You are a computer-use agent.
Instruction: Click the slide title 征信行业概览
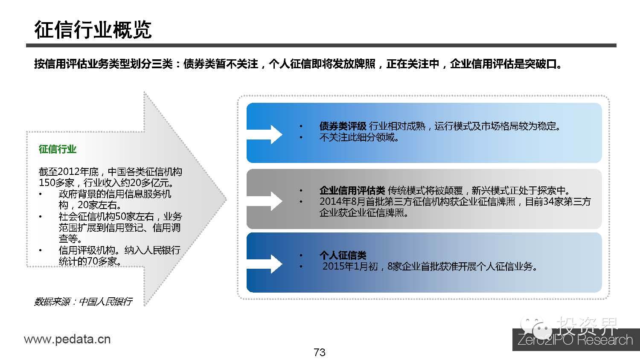click(x=93, y=29)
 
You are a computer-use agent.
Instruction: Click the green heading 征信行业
click(x=57, y=149)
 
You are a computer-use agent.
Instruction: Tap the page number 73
click(x=320, y=352)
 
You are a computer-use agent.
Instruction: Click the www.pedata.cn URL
click(x=67, y=340)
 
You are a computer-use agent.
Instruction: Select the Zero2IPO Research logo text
click(x=575, y=340)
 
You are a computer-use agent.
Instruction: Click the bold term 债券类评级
click(x=343, y=126)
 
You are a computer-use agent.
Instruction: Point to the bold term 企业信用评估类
click(x=352, y=191)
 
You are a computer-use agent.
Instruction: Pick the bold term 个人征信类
click(x=343, y=255)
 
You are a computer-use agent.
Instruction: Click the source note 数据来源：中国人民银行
click(x=83, y=302)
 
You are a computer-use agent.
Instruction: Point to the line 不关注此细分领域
click(x=359, y=137)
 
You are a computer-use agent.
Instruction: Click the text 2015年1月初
click(x=350, y=267)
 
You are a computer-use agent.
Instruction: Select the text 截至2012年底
click(x=69, y=172)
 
